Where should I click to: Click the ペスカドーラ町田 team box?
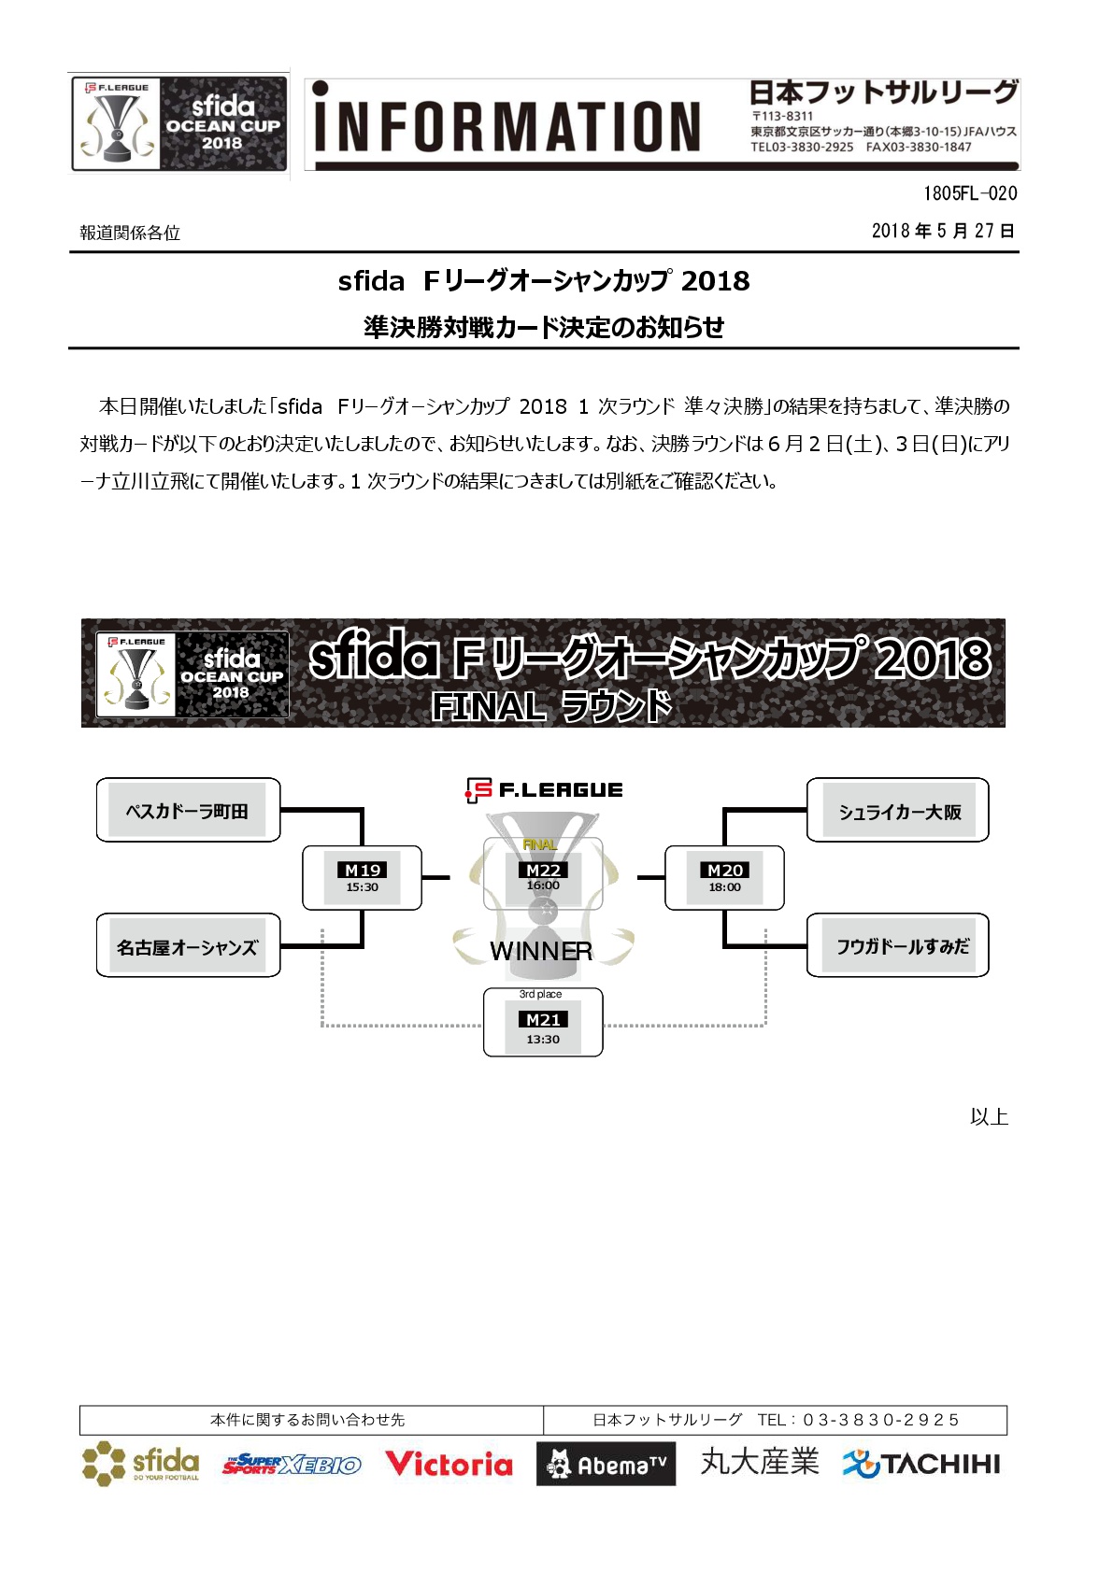point(188,810)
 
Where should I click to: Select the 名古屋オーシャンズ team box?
point(188,946)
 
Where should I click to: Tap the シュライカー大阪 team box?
point(898,811)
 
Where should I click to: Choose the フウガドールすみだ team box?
point(898,946)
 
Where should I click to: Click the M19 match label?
point(363,870)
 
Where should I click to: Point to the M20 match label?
point(725,870)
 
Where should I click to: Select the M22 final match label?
point(543,870)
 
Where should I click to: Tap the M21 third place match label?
point(543,1019)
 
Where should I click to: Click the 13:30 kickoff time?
point(543,1039)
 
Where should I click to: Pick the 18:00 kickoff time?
point(725,887)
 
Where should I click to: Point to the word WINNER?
point(541,951)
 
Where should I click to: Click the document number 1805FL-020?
point(970,193)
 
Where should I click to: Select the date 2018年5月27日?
point(943,231)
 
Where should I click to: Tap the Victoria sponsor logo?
point(449,1464)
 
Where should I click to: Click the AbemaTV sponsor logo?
point(606,1465)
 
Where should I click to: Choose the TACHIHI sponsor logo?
point(921,1464)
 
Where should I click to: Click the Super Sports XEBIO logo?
point(292,1465)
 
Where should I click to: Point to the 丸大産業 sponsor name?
point(760,1462)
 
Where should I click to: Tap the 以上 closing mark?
point(989,1116)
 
